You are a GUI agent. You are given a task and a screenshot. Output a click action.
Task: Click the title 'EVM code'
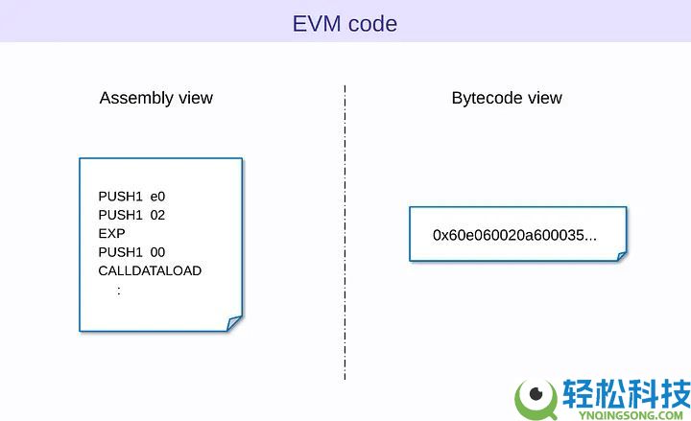[345, 23]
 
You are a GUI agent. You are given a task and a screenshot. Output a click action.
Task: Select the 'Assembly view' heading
[156, 98]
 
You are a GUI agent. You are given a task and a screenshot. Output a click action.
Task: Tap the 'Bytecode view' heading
[507, 98]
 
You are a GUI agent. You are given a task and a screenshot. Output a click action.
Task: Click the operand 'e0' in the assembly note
[157, 197]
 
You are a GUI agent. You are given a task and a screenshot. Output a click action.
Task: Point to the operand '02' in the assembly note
[157, 215]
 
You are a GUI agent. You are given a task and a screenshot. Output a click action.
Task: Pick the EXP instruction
[111, 233]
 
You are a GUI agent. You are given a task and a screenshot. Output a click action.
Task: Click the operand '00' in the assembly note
[157, 252]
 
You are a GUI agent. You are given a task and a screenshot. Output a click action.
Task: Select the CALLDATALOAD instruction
[150, 270]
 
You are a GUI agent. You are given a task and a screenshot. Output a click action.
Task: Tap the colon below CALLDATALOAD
[119, 290]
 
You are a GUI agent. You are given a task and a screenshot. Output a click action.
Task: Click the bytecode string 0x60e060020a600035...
[514, 234]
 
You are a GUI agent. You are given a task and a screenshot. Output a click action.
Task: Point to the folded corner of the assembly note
[233, 322]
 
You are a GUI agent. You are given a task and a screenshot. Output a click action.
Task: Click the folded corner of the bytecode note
[621, 255]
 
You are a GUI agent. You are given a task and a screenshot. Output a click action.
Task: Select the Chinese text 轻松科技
[625, 393]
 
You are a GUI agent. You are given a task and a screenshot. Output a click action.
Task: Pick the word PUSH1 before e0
[120, 197]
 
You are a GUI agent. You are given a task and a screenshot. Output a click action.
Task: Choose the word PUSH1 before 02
[120, 215]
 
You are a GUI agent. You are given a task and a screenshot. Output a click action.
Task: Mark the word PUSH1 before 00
[120, 252]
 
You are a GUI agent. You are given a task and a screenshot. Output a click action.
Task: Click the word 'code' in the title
[372, 23]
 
